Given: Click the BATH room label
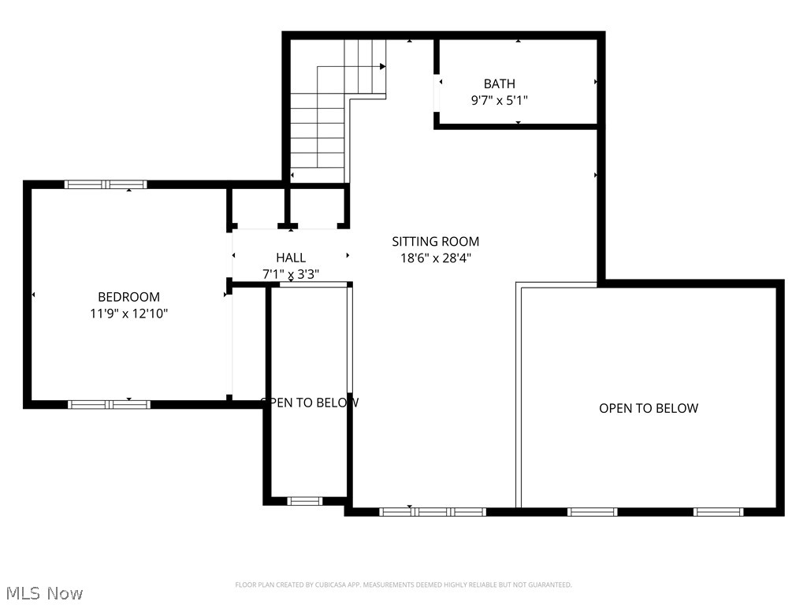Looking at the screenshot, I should coord(499,84).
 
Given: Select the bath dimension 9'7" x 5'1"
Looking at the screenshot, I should coord(499,100).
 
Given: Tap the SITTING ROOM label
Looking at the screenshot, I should coord(435,242).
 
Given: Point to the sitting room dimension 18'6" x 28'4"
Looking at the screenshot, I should coord(435,258).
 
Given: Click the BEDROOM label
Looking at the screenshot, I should coord(128,297).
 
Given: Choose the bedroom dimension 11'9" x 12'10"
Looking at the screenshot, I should coord(128,314).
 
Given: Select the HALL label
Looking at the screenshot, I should coord(291,258).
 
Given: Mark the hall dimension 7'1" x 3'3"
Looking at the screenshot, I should coord(291,274).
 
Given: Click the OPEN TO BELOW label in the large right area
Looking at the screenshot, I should coord(648,408).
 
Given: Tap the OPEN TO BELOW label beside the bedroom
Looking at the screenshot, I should coord(310,403).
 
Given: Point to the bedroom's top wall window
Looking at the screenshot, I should coord(106,184).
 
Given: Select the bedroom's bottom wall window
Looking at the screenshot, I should coord(109,404).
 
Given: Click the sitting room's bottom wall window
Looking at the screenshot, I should coord(432,511).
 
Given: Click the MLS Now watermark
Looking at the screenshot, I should coord(43,592).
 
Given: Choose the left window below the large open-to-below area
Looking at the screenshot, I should coord(592,511).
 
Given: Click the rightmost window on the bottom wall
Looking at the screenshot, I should coord(718,511).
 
